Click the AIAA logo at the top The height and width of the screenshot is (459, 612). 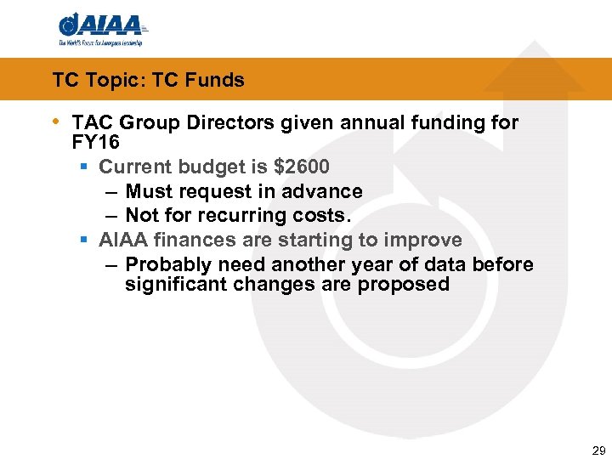[x=100, y=27]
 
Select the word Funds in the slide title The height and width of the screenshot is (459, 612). [x=215, y=81]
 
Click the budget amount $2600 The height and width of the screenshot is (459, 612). [x=301, y=167]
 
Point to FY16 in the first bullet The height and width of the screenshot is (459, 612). [x=96, y=141]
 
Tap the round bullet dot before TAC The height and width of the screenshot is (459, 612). [x=57, y=122]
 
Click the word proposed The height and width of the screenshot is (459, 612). [x=404, y=284]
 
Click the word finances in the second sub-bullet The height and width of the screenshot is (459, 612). [x=193, y=241]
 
